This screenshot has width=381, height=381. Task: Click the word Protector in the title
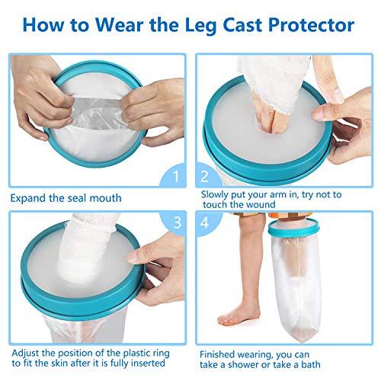click(313, 25)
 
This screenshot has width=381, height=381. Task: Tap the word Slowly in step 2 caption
click(215, 194)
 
